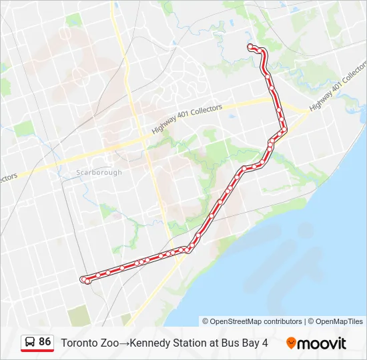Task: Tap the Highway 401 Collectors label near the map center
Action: pos(187,119)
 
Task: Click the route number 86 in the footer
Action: pos(45,341)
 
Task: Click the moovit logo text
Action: pos(322,343)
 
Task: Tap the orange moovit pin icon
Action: pos(291,343)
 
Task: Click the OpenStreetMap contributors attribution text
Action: pos(252,321)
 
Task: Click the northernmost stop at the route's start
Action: pos(251,47)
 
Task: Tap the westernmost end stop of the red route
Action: pos(83,279)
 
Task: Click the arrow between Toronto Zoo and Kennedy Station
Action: pos(123,343)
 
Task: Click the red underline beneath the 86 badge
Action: pos(37,351)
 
